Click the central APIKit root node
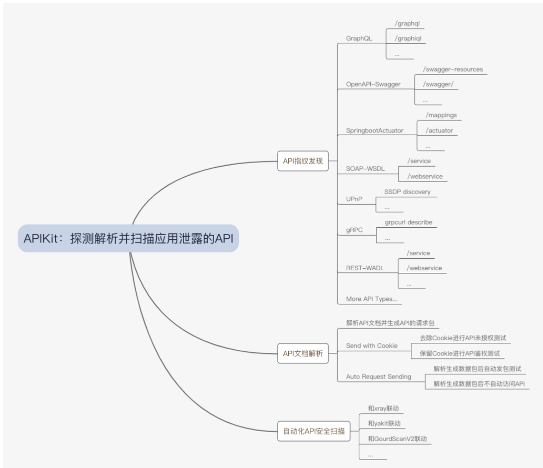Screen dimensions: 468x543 (x=128, y=238)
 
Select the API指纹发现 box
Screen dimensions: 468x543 (x=303, y=161)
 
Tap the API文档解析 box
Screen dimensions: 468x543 (x=303, y=353)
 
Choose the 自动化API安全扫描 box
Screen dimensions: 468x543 (x=313, y=431)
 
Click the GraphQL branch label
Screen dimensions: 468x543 (x=359, y=38)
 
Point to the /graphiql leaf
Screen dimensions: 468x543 (x=408, y=38)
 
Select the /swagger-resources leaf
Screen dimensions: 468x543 (x=453, y=69)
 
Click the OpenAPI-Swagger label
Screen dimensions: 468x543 (x=373, y=84)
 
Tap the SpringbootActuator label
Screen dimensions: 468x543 (x=374, y=131)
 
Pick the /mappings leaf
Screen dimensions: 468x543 (x=441, y=115)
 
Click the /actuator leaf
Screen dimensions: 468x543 (x=439, y=130)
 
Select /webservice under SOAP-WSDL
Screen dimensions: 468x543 (x=425, y=176)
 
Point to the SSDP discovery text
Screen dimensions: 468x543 (x=407, y=191)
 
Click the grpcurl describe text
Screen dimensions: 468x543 (x=409, y=222)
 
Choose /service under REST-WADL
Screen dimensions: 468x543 (x=418, y=253)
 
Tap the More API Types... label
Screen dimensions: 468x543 (x=371, y=299)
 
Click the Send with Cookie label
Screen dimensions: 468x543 (x=371, y=346)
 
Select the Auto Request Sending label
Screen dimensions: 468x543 (x=378, y=376)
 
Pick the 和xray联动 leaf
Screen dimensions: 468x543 (x=383, y=408)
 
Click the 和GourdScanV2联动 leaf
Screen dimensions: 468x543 (x=397, y=439)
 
